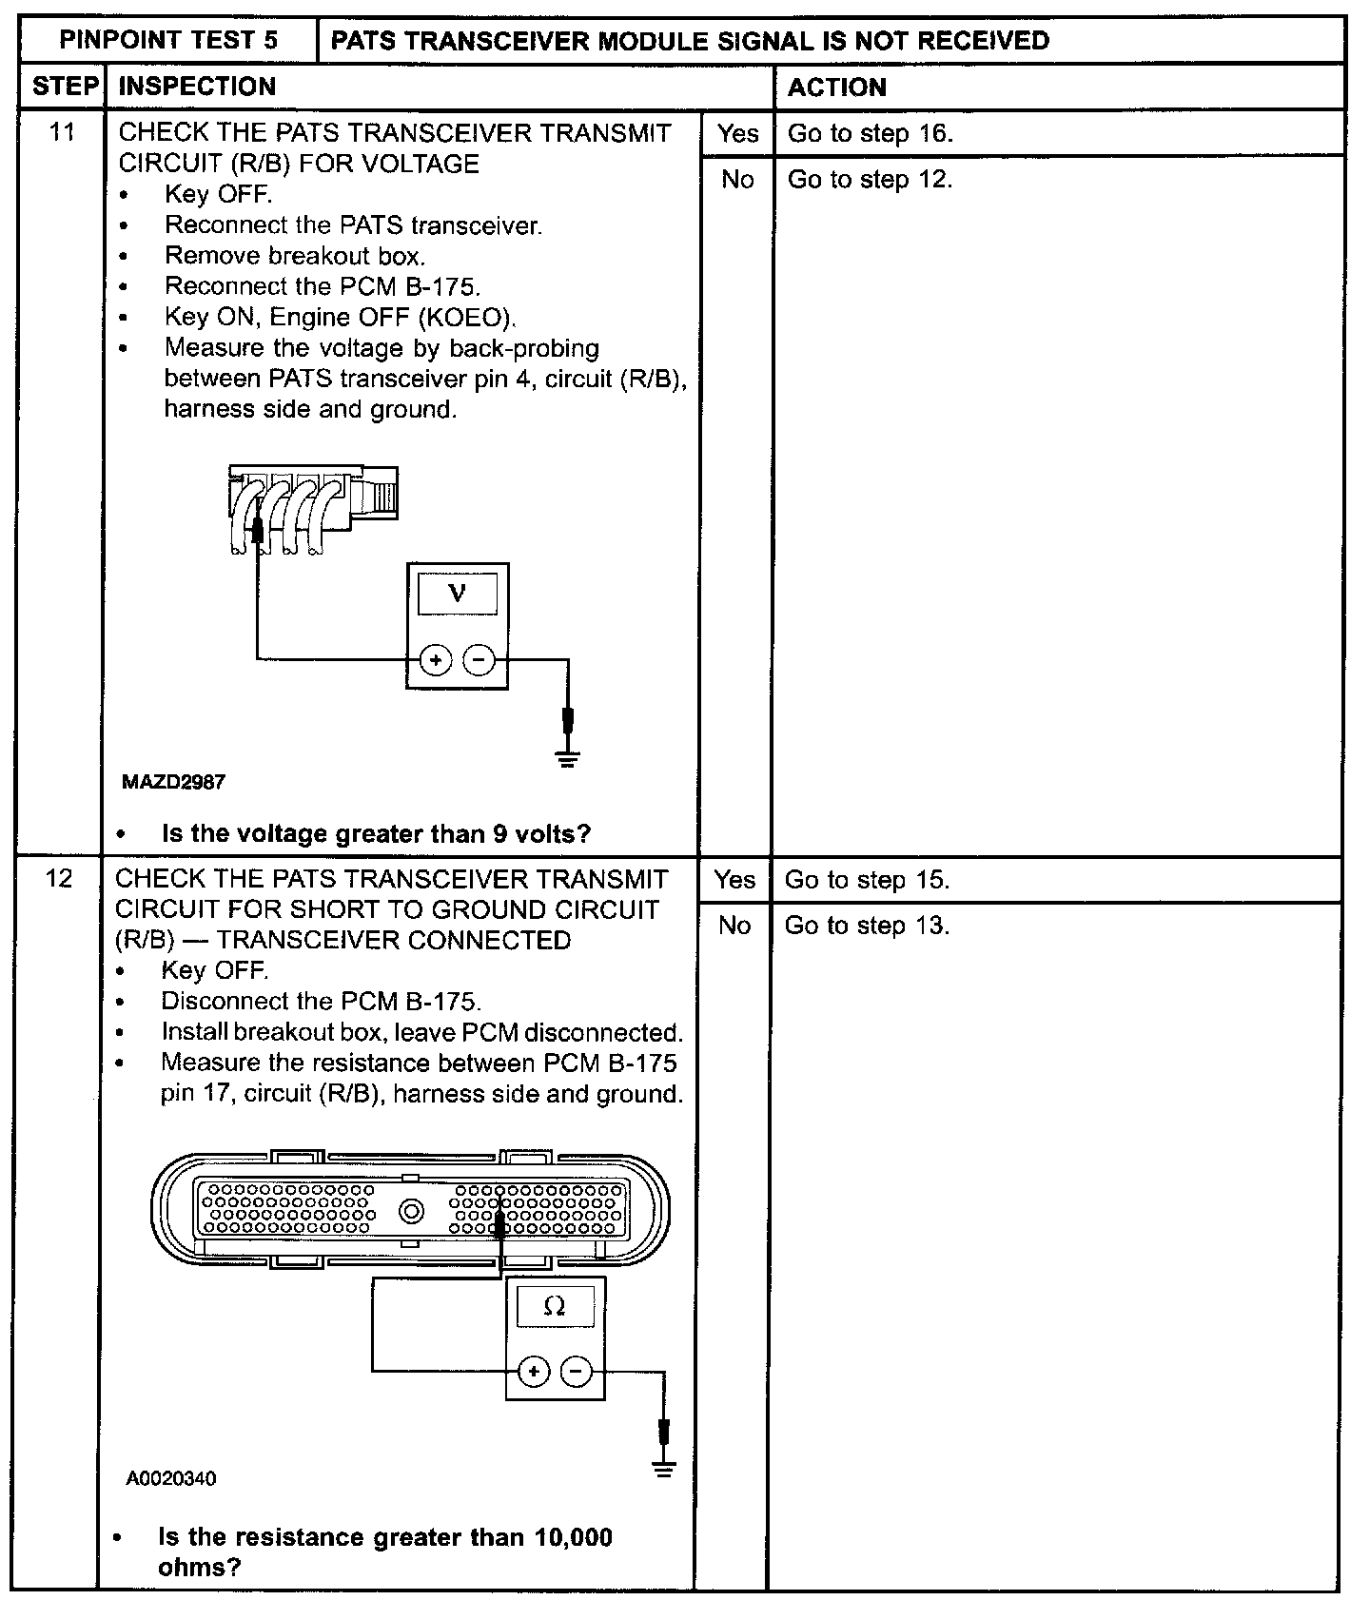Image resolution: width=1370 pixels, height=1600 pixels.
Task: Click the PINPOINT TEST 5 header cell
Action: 168,40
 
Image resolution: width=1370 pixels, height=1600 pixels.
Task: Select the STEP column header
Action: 65,87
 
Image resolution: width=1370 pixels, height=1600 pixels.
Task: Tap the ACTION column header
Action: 837,88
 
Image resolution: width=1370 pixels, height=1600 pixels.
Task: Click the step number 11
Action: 63,131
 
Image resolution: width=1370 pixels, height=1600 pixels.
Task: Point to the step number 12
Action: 59,878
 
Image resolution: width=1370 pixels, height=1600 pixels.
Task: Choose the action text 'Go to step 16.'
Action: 870,133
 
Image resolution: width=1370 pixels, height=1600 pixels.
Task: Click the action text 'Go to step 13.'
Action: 867,926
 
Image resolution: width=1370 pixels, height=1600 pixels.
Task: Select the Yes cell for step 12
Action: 734,880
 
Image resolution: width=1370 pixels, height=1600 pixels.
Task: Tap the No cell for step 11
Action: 737,180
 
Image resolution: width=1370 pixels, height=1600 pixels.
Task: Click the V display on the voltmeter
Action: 458,594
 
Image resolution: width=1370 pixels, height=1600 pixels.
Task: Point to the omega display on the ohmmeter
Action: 555,1307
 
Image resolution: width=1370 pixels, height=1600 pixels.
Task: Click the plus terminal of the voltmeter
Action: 436,659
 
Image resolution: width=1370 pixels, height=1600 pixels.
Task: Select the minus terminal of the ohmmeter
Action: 576,1371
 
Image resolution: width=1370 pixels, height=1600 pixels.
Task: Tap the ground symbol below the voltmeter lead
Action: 568,758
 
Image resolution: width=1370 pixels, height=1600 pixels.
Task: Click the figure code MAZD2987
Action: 173,782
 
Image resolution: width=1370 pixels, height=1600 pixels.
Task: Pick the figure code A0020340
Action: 171,1478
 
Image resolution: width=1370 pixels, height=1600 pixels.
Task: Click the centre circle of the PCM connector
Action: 412,1211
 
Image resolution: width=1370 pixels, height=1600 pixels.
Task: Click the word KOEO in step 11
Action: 466,317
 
